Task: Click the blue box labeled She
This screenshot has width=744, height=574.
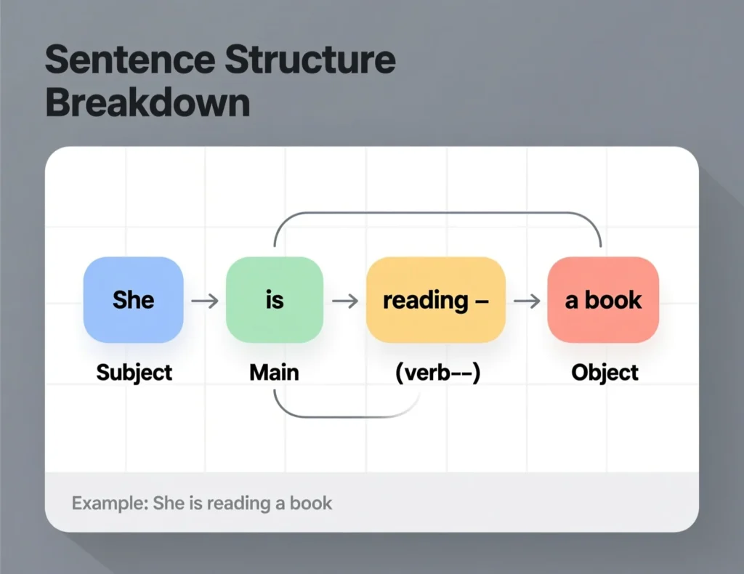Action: pyautogui.click(x=134, y=299)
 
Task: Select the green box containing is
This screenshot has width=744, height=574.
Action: pyautogui.click(x=275, y=299)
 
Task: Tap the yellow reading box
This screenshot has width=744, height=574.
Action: pyautogui.click(x=435, y=299)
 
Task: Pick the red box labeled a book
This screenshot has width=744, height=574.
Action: pyautogui.click(x=603, y=299)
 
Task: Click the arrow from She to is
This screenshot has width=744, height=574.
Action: pyautogui.click(x=205, y=300)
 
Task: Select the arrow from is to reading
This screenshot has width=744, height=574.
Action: pyautogui.click(x=345, y=300)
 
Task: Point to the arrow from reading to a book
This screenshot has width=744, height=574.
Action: pyautogui.click(x=527, y=300)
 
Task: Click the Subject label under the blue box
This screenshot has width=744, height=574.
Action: pyautogui.click(x=134, y=373)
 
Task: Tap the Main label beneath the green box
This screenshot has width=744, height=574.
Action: pyautogui.click(x=274, y=373)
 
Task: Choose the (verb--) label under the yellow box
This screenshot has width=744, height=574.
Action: pyautogui.click(x=437, y=373)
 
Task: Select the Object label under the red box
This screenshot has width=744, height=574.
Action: pyautogui.click(x=604, y=373)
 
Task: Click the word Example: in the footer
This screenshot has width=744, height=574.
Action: pyautogui.click(x=109, y=503)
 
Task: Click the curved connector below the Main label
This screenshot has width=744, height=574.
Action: pyautogui.click(x=341, y=416)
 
